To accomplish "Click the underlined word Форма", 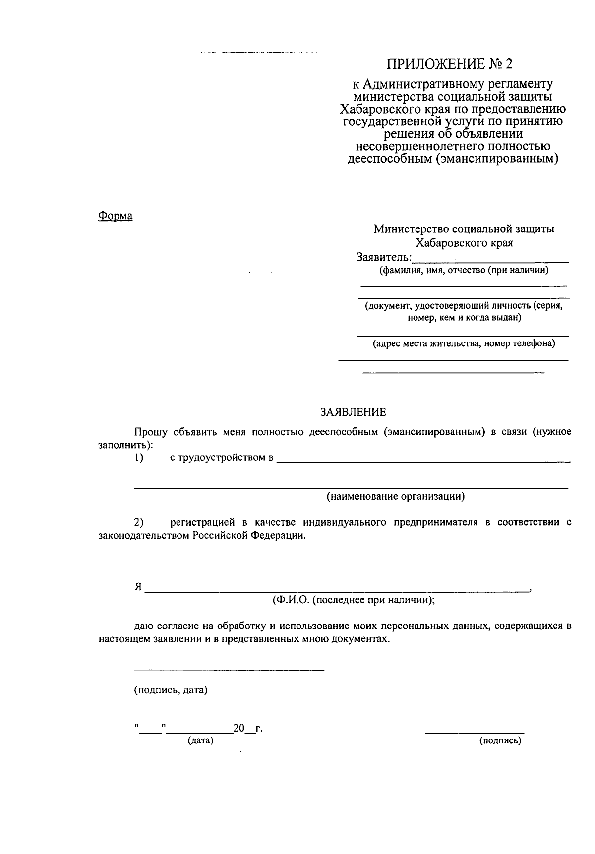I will tap(115, 216).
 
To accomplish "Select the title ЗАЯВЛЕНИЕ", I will tap(353, 412).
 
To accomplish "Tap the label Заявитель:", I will tap(384, 257).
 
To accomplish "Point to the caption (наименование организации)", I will tap(395, 497).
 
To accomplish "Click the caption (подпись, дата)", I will tap(171, 690).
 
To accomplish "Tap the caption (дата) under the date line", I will tap(200, 740).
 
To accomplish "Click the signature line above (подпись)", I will tap(475, 732).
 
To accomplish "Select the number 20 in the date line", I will tap(239, 728).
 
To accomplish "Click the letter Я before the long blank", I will tap(138, 587).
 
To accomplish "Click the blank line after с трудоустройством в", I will tap(423, 460).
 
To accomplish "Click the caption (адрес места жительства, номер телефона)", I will tap(464, 343).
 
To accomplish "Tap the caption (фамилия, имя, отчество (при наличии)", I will tap(464, 271).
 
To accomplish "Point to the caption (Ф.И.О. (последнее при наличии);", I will tap(354, 600).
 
